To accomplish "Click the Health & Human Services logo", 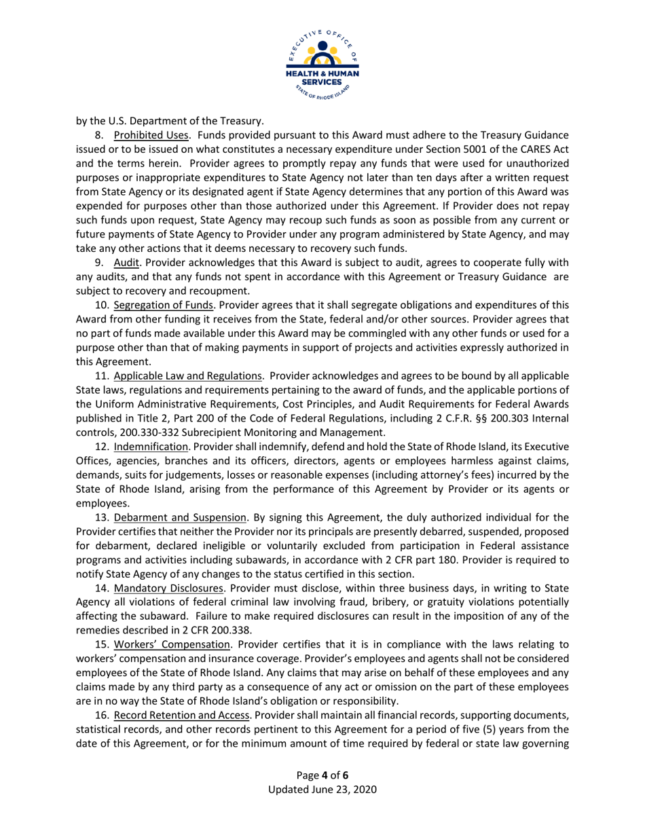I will click(x=322, y=62).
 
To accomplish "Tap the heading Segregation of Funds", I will click(x=164, y=305).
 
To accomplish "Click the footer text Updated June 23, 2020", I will click(x=322, y=790).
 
